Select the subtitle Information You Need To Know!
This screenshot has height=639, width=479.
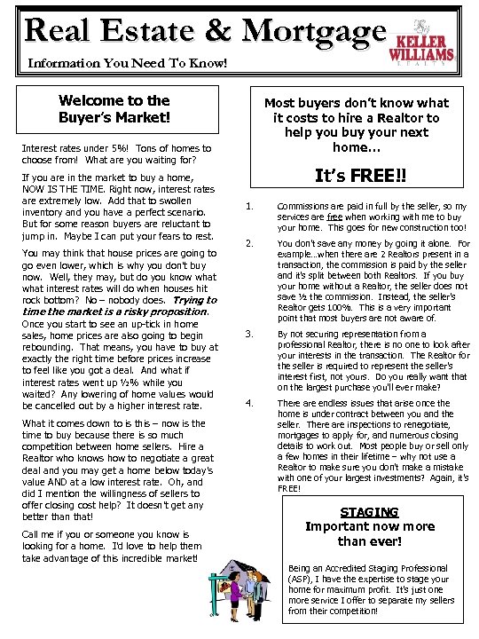(x=128, y=64)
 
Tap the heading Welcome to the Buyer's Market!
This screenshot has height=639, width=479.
(x=114, y=108)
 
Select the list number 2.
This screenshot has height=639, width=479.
(x=249, y=242)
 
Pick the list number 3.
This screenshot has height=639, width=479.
(x=249, y=334)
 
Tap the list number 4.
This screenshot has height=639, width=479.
(x=249, y=403)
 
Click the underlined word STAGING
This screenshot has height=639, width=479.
(x=369, y=512)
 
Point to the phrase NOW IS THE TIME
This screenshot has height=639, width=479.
(x=64, y=189)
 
